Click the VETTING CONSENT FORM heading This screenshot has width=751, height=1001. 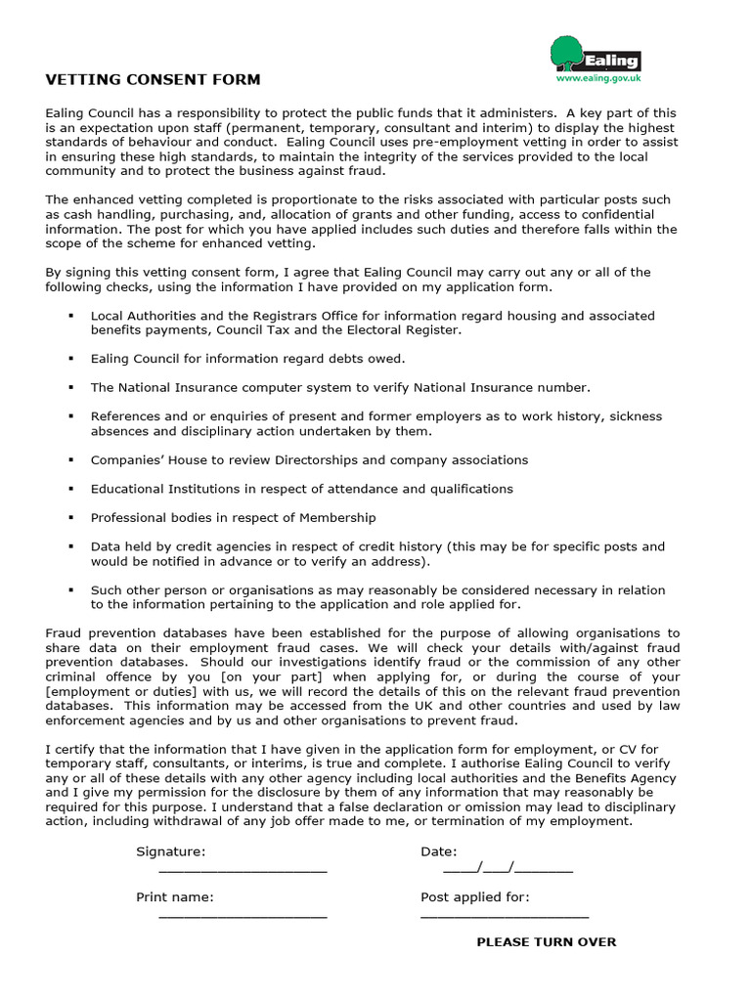tap(154, 79)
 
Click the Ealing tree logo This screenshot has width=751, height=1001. tap(567, 53)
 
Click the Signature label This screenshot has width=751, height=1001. tap(170, 851)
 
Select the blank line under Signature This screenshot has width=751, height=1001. tap(243, 869)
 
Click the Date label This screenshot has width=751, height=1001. tap(438, 851)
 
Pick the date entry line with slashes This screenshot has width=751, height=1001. tap(508, 868)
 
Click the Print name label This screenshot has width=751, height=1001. tap(174, 896)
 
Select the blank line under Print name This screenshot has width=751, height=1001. tap(243, 915)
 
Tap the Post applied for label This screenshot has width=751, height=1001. tap(475, 896)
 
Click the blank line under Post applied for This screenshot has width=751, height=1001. tap(505, 915)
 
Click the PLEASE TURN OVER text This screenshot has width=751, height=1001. tap(546, 941)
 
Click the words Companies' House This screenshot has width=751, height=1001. tap(136, 459)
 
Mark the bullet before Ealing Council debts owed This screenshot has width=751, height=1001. tap(71, 359)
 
